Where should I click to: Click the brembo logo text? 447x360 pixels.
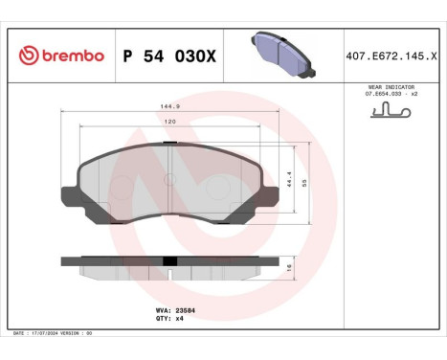(71, 56)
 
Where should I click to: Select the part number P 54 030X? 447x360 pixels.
(170, 56)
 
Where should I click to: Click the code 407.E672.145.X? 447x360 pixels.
(392, 56)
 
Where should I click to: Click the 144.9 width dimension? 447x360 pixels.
(168, 108)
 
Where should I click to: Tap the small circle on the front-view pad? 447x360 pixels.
(168, 179)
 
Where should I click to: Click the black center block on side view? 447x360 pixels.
(169, 260)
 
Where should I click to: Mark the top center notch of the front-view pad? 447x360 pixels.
(168, 146)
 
